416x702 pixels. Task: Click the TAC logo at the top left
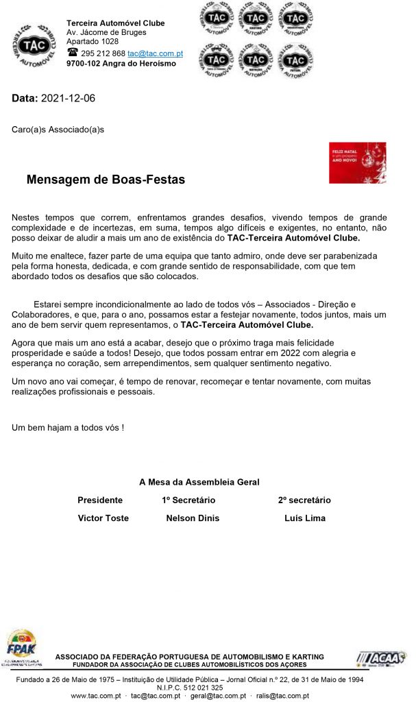coord(34,46)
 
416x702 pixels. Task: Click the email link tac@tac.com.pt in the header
coord(155,53)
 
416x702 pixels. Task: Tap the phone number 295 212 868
coord(103,53)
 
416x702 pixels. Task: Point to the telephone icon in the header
coord(72,53)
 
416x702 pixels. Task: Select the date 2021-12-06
coord(68,99)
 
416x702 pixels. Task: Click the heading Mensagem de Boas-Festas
coord(106,180)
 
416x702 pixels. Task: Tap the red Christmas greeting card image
coord(357,162)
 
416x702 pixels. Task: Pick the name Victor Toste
coord(103,518)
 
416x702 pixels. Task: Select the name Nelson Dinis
coord(193,518)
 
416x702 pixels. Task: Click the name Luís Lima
coord(305,518)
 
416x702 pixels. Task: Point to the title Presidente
coord(100,500)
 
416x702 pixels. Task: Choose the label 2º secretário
coord(304,500)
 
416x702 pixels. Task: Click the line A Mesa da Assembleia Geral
coord(199,483)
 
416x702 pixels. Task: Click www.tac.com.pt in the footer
coord(96,695)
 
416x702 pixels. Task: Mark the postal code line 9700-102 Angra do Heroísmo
coord(121,64)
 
